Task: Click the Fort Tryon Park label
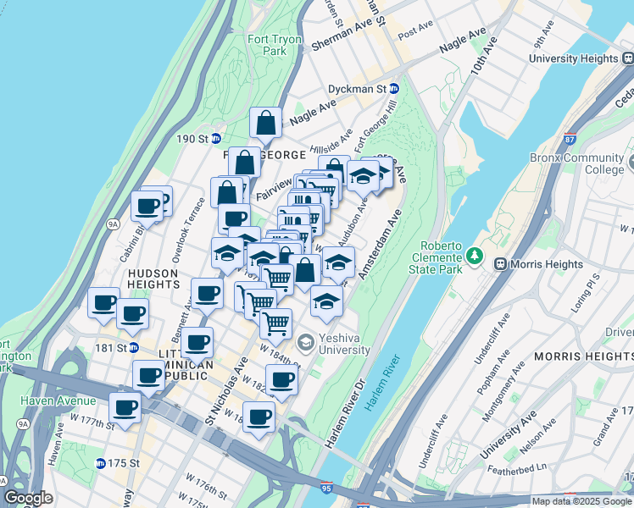tap(269, 45)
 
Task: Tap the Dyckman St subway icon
tap(394, 88)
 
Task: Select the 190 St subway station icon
tap(216, 138)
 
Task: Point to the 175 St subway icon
tap(101, 463)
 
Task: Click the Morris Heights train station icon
tap(500, 264)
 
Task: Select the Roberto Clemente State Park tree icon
tap(475, 255)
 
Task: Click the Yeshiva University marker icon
tap(306, 343)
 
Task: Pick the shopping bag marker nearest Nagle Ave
tap(266, 124)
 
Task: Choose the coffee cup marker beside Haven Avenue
tap(125, 409)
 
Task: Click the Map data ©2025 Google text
tap(581, 501)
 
